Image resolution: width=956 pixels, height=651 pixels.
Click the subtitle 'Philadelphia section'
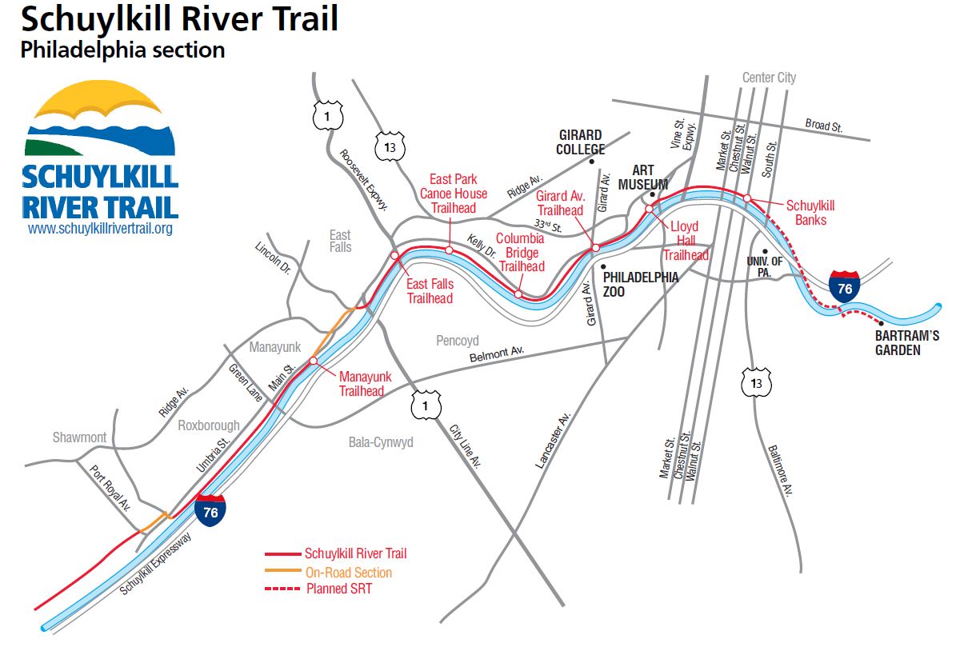tap(122, 50)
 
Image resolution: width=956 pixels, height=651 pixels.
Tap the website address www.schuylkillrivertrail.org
tap(100, 229)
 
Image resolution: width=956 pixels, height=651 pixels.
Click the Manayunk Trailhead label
tap(362, 383)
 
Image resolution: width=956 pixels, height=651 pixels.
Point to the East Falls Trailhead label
tap(430, 291)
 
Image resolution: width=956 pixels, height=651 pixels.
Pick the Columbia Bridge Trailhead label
tap(520, 253)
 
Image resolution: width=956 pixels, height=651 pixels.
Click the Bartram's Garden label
tap(906, 343)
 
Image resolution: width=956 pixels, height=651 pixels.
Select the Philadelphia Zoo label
tap(641, 285)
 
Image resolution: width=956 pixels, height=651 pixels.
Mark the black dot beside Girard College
tap(592, 162)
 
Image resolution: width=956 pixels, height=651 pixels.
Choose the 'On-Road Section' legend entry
tap(349, 573)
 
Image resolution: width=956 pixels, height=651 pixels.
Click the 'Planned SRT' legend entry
tap(338, 589)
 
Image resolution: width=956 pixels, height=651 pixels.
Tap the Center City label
tap(769, 78)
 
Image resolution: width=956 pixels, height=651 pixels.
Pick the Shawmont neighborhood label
tap(80, 437)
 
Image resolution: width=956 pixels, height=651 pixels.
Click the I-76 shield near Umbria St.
tap(210, 510)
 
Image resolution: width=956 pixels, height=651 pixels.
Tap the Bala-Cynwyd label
tap(381, 441)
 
